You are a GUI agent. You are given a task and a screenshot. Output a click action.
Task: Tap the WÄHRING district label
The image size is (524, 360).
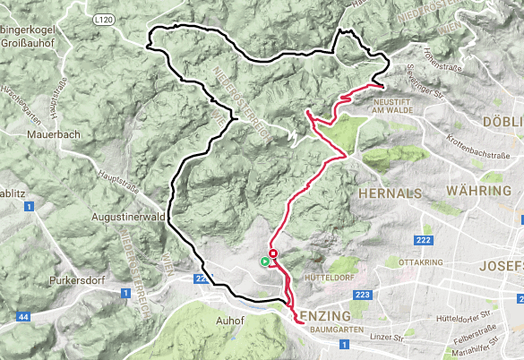point(483,192)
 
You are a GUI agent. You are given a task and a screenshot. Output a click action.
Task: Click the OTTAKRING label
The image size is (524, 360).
point(419,262)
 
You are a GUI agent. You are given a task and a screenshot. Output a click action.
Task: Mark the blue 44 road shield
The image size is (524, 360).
point(21,317)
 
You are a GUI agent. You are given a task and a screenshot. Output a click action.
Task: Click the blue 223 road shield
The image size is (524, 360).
point(363,296)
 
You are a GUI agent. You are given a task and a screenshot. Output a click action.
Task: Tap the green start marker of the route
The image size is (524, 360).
point(264,261)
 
